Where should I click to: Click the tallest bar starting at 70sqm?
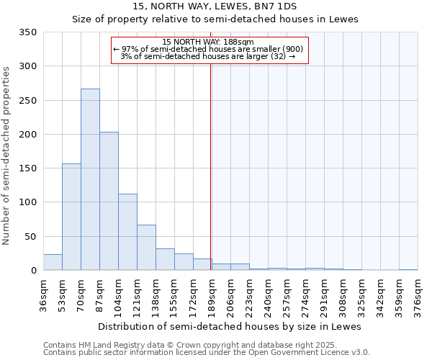[x=90, y=180]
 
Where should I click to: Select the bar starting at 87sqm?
[x=109, y=202]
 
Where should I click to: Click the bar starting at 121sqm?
[x=146, y=248]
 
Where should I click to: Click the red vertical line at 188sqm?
[x=210, y=166]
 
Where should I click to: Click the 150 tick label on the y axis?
[x=28, y=168]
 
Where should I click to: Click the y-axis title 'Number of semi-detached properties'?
[x=7, y=156]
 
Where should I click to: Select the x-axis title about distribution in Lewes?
[x=229, y=326]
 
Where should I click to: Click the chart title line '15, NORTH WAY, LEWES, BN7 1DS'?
[x=215, y=6]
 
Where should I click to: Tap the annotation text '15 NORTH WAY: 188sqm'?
[x=208, y=42]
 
